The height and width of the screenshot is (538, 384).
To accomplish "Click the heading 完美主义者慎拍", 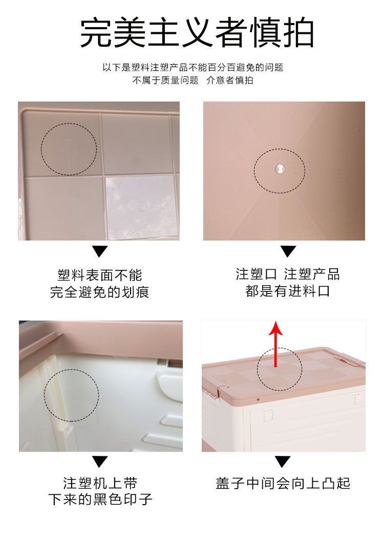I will pos(197,33).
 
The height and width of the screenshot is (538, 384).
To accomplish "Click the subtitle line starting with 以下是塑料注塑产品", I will pos(193,67).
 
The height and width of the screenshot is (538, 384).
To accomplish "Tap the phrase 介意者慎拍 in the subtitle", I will pos(229,81).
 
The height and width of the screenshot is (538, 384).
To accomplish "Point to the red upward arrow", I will pos(276,343).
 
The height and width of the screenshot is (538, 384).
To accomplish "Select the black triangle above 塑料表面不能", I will pos(100,251).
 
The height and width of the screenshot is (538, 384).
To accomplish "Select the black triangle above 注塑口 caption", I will pos(288,251).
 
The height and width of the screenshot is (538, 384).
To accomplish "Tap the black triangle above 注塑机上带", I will pos(100,462).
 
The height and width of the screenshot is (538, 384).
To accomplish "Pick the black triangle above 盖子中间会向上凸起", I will pos(283,462).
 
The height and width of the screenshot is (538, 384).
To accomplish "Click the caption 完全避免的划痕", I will pos(100,292).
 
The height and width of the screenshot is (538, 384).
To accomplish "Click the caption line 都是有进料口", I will pos(288,291).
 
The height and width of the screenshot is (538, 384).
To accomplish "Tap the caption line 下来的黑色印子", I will pos(100,499).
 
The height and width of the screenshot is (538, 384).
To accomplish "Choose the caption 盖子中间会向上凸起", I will pos(283,483).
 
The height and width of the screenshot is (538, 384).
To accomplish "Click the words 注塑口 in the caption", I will pos(256,274).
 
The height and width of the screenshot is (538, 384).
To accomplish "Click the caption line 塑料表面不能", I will pos(100,275).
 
